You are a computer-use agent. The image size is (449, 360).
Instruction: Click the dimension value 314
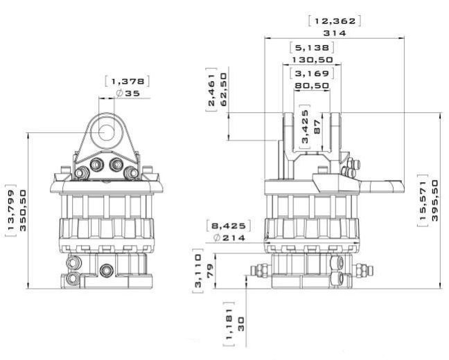click(335, 33)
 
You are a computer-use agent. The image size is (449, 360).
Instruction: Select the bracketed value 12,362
click(335, 21)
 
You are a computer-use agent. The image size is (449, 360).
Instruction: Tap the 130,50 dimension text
click(312, 60)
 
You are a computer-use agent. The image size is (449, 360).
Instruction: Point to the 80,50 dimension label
click(312, 86)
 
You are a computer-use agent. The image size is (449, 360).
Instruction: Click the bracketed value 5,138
click(312, 48)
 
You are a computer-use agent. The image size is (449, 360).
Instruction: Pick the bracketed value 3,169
click(312, 73)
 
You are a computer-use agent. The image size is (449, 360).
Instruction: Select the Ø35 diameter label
click(128, 93)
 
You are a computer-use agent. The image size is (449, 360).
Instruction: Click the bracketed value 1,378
click(127, 82)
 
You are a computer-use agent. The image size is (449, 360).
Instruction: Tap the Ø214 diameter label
click(229, 237)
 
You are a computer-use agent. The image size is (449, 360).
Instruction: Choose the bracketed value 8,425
click(229, 226)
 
